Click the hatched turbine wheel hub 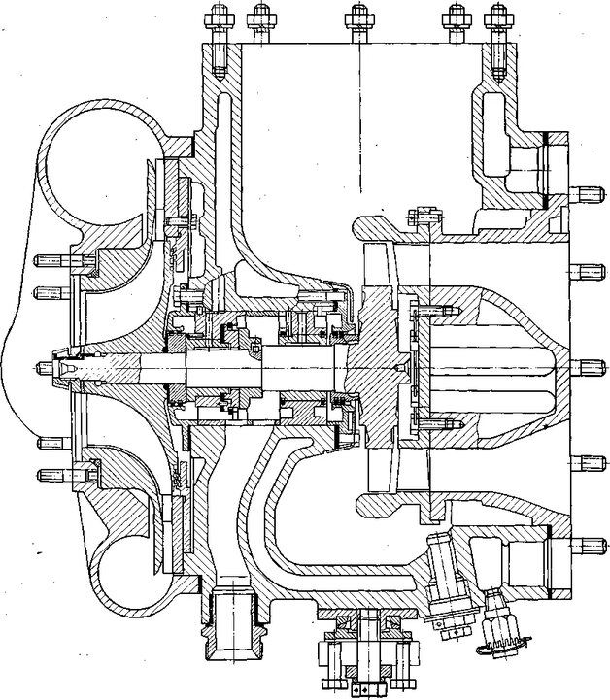point(374,367)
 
